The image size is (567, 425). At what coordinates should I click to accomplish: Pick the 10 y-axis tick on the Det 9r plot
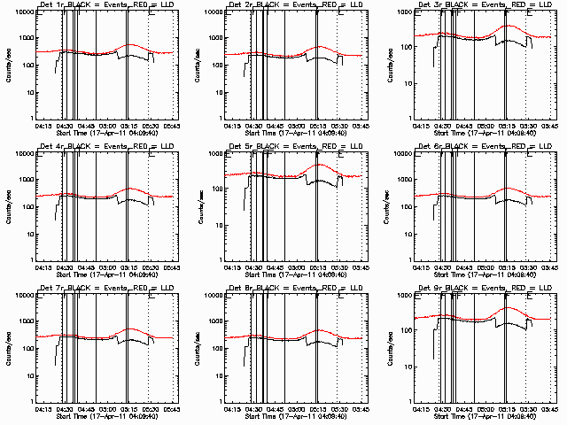pyautogui.click(x=408, y=375)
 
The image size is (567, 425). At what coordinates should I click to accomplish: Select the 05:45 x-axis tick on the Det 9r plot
pyautogui.click(x=548, y=410)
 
